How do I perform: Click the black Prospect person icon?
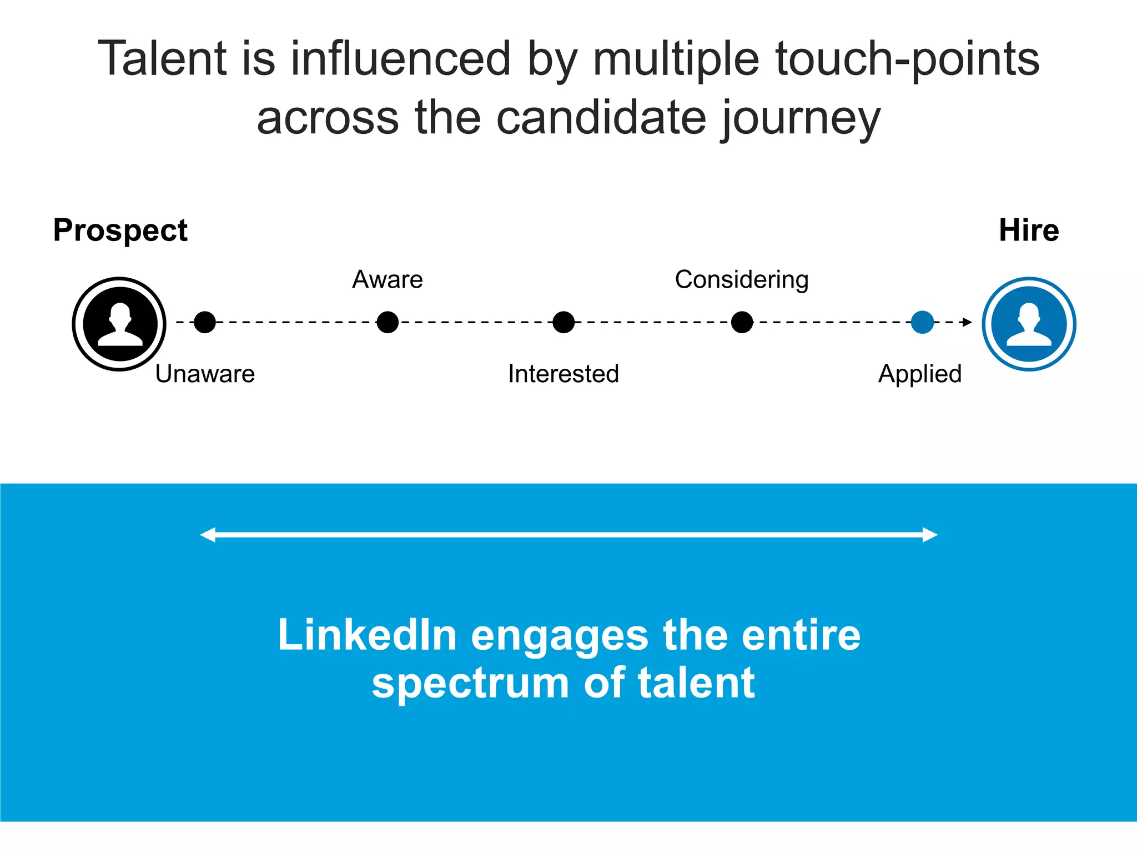pos(119,324)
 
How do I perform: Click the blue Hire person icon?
pos(1029,324)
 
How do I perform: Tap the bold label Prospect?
pos(120,230)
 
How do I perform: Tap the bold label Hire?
pos(1029,230)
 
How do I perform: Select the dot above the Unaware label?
pos(205,322)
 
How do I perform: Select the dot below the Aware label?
pos(388,322)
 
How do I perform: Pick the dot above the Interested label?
pos(564,322)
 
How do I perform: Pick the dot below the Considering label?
pos(742,322)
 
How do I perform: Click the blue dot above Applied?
pos(922,322)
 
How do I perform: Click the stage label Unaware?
pos(205,374)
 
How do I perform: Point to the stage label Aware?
pos(388,279)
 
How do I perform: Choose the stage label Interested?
pos(564,374)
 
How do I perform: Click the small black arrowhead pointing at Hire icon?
pos(967,322)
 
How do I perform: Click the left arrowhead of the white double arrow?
pos(208,535)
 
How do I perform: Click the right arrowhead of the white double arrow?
pos(930,535)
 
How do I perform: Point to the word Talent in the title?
pos(163,59)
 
